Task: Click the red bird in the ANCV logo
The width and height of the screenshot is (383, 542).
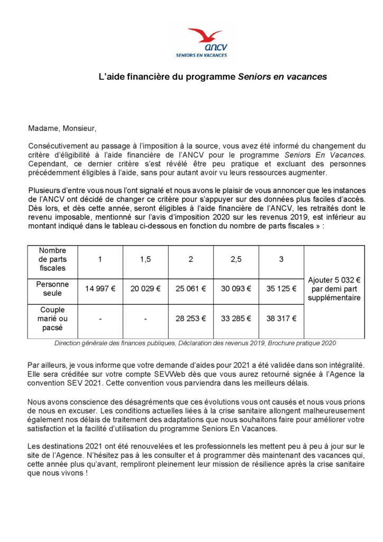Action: [x=206, y=34]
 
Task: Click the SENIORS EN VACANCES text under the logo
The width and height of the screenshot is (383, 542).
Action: [x=202, y=55]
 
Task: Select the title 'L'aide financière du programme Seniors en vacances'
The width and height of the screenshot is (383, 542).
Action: [x=213, y=77]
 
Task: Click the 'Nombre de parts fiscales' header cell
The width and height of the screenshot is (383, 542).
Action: [x=52, y=259]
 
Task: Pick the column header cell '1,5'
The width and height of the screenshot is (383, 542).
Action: [x=145, y=259]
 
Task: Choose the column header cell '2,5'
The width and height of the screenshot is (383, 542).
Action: [x=236, y=259]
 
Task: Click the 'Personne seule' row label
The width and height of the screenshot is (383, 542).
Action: [x=52, y=288]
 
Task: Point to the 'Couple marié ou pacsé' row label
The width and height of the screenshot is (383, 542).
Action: [x=52, y=319]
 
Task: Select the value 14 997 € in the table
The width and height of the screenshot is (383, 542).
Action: [x=100, y=289]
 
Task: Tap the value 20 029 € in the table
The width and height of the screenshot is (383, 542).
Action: [x=145, y=289]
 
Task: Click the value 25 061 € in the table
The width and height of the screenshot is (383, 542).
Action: [x=190, y=289]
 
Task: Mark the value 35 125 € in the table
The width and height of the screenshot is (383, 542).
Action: [x=281, y=289]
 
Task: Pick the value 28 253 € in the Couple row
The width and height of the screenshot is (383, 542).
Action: [x=190, y=319]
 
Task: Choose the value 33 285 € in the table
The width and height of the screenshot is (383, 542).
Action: [x=236, y=319]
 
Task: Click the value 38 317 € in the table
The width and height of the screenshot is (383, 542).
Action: [x=281, y=319]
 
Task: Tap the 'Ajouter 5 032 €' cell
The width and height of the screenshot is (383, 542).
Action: [x=334, y=288]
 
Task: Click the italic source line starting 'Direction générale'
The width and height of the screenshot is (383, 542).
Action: [x=195, y=343]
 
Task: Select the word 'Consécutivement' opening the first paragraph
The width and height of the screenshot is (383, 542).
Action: [x=58, y=146]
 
